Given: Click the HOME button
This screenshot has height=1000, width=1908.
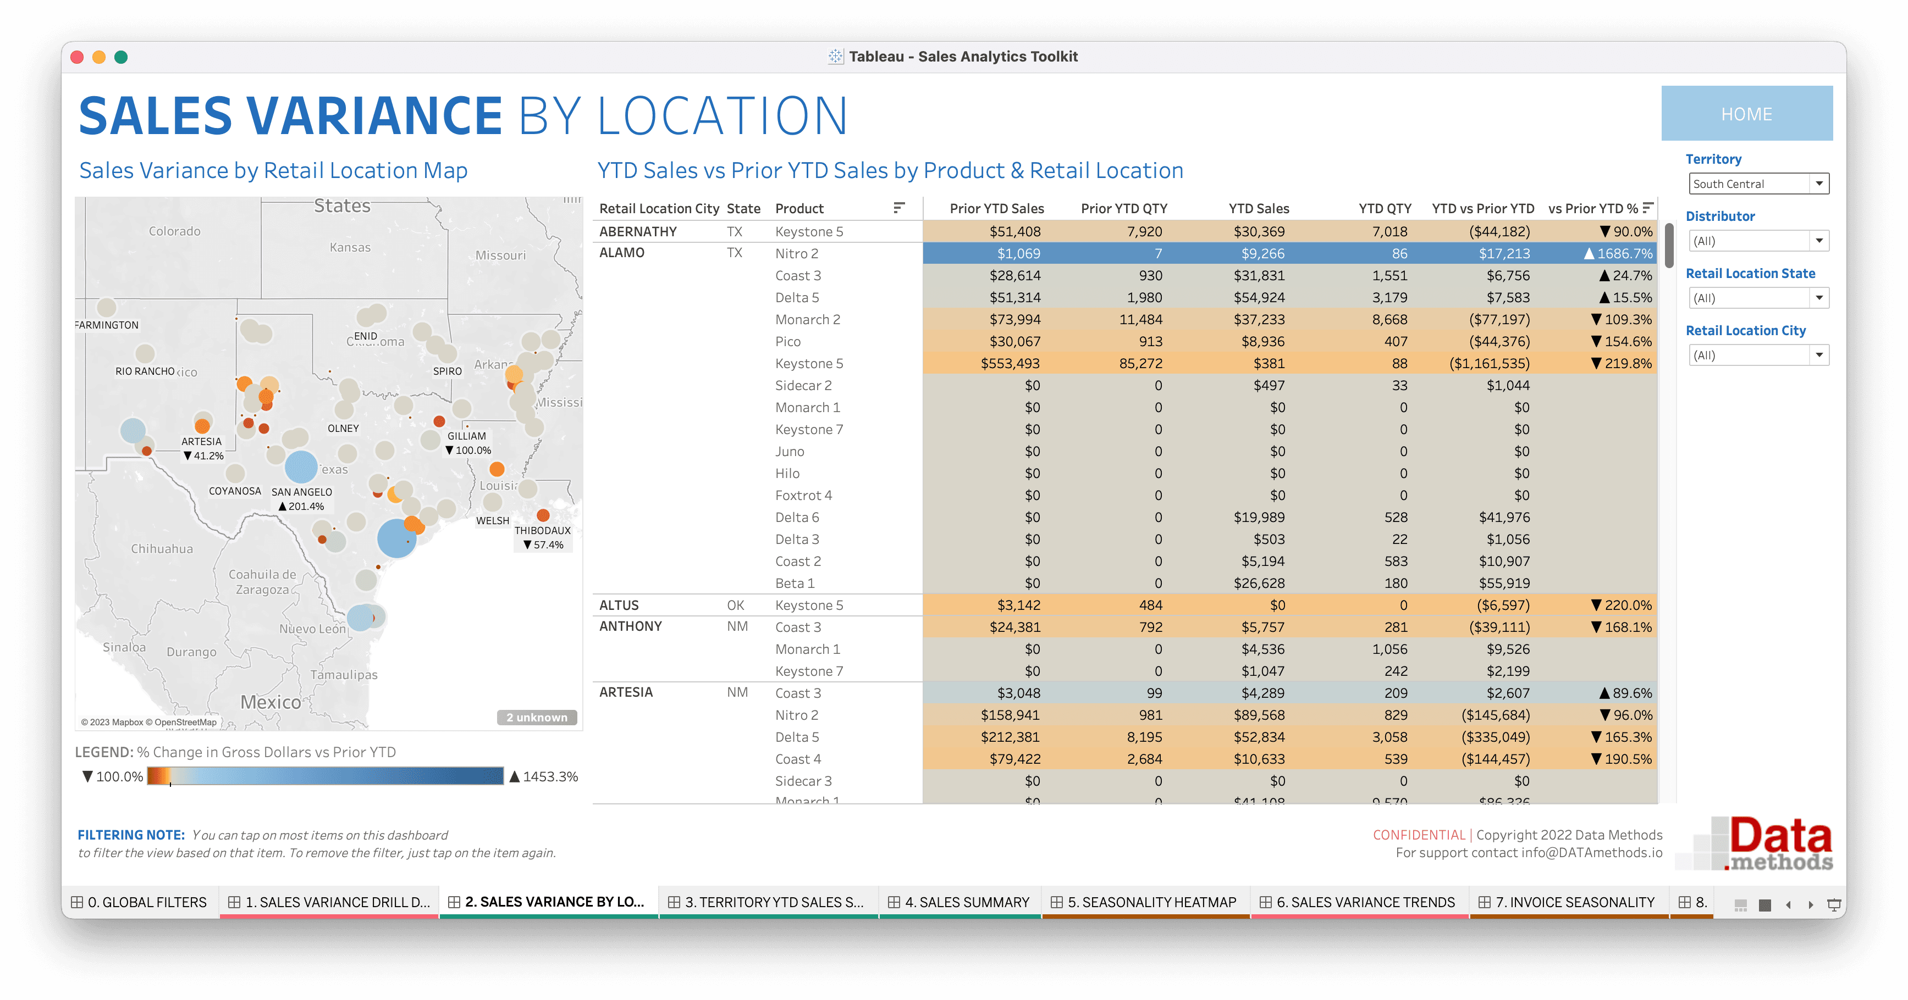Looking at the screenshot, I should point(1746,114).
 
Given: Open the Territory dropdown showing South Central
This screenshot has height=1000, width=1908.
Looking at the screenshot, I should point(1758,184).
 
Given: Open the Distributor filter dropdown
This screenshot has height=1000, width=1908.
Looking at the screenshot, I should point(1758,241).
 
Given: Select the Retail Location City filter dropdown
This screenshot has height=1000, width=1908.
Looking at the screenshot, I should point(1758,355).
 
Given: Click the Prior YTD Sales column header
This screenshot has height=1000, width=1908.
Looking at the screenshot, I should point(996,209).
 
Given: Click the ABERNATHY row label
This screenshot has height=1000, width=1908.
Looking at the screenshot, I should point(638,232).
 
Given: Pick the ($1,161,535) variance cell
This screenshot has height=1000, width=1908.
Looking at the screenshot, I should point(1489,363).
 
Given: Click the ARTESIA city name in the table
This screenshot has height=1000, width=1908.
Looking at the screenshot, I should point(626,692).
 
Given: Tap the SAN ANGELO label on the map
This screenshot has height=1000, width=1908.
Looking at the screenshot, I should point(301,492).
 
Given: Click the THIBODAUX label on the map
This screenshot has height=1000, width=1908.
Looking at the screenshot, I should point(542,531).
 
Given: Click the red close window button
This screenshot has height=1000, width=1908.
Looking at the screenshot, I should point(77,57).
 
